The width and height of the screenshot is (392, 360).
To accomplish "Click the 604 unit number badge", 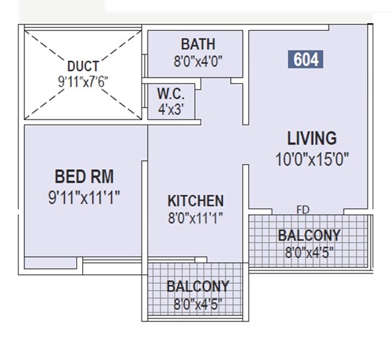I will pyautogui.click(x=306, y=60).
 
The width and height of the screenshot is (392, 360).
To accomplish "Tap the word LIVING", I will pyautogui.click(x=312, y=139).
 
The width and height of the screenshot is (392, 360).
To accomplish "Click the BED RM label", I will pyautogui.click(x=84, y=177).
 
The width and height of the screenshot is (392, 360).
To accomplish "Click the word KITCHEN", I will pyautogui.click(x=195, y=201).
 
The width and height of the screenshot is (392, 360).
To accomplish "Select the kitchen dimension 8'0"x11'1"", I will pyautogui.click(x=195, y=219).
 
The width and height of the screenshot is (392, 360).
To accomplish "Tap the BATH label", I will pyautogui.click(x=198, y=44).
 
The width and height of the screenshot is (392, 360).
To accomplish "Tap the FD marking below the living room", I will pyautogui.click(x=303, y=210).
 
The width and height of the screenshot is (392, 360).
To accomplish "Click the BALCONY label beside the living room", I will pyautogui.click(x=309, y=235).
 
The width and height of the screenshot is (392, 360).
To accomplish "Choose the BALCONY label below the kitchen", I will pyautogui.click(x=198, y=286).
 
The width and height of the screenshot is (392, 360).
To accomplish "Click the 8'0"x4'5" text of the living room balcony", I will pyautogui.click(x=309, y=251).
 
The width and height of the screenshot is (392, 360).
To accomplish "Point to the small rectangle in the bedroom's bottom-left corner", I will pyautogui.click(x=50, y=263).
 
